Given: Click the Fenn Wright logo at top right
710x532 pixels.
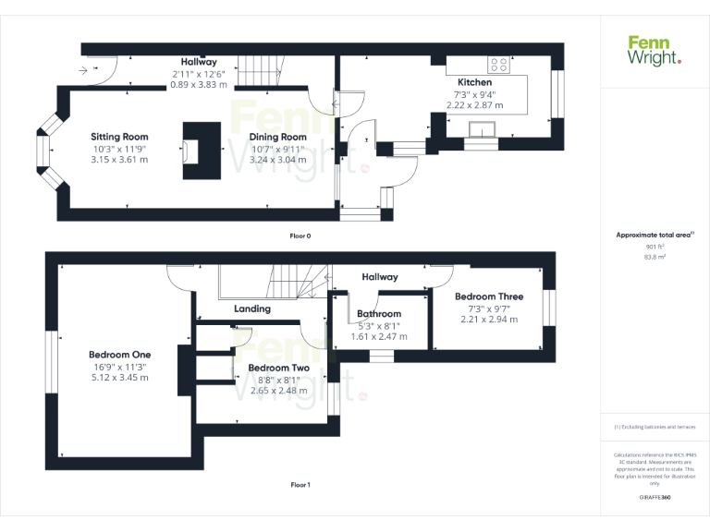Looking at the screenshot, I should (654, 50).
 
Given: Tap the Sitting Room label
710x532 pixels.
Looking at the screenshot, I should (119, 137).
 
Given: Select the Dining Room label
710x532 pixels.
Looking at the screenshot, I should (277, 137).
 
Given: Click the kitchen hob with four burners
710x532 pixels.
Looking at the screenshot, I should (498, 65).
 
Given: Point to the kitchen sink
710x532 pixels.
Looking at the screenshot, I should (482, 127).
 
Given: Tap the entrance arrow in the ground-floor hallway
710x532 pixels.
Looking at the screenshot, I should (85, 69).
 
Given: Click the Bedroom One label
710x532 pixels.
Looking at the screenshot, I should (119, 355).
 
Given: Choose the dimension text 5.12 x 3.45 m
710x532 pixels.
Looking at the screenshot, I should (119, 377).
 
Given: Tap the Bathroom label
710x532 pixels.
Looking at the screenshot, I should (379, 314).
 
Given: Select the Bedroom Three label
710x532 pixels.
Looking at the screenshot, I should (489, 296).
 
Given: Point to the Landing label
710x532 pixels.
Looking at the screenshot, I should (251, 308).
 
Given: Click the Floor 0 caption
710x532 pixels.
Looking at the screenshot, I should (300, 236).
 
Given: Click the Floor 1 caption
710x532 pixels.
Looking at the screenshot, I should (300, 485).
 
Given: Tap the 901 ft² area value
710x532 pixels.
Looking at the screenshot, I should (655, 247).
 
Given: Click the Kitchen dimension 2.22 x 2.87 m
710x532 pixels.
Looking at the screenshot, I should (474, 105).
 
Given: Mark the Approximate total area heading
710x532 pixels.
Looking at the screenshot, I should (655, 236).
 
